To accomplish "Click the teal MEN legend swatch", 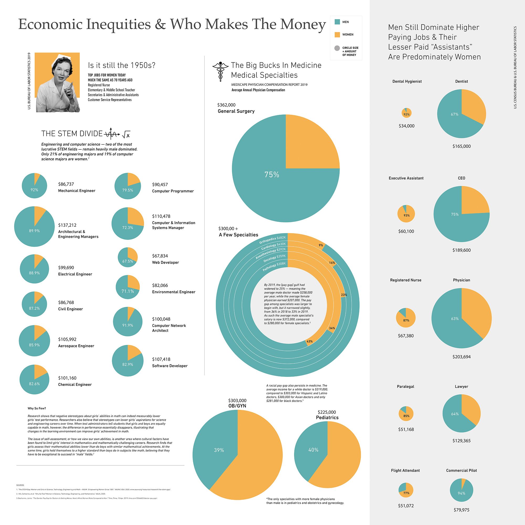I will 337,22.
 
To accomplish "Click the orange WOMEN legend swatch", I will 337,34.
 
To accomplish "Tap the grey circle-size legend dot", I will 337,48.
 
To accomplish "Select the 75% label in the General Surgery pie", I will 272,175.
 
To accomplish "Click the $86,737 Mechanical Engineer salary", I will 66,184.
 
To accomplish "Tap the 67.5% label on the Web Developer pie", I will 128,261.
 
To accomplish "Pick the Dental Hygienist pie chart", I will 407,113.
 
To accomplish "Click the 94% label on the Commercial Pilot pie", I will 461,493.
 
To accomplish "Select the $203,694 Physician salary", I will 461,357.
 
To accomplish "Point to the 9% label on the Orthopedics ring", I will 321,245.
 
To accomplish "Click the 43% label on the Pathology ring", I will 309,341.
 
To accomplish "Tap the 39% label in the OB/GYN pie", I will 219,450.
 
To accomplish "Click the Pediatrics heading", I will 327,418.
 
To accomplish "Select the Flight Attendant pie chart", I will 406,490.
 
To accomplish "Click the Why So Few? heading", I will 37,408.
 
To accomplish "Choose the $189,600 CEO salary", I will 461,250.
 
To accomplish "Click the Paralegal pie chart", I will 406,414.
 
